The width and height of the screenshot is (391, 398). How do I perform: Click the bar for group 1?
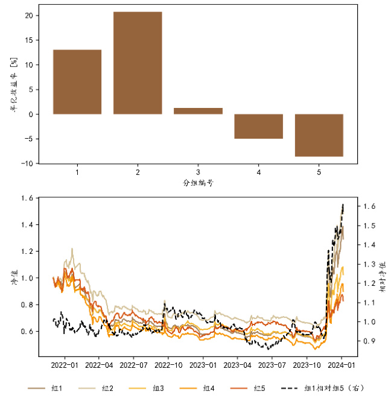tap(77, 81)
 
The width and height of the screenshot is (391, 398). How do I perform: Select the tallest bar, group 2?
tap(138, 63)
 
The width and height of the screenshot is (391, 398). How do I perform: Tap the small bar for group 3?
tap(198, 111)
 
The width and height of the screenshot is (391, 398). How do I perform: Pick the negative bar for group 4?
tap(258, 126)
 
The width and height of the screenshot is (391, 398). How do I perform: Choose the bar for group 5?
tap(319, 135)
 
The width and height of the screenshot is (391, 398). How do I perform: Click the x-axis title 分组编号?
tap(198, 182)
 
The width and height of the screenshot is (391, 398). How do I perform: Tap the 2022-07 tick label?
tap(133, 365)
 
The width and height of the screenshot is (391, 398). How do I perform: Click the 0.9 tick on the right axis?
tap(367, 341)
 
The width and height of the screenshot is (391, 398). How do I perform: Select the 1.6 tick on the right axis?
tap(367, 206)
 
